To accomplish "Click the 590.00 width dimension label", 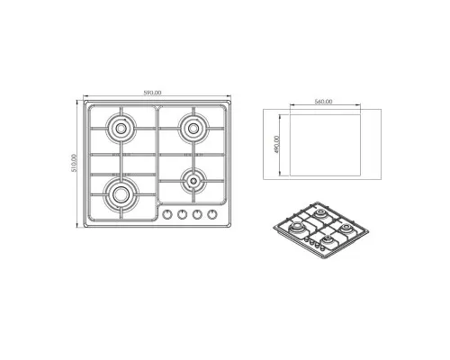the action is [x=153, y=93].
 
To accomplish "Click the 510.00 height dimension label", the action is [x=74, y=163].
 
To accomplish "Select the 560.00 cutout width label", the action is [x=323, y=102].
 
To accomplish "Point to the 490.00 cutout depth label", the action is [x=276, y=144].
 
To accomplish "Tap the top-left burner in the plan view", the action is [x=121, y=129].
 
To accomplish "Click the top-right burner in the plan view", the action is [x=193, y=128].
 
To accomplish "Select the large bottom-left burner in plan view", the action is [x=121, y=194].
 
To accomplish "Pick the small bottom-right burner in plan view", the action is [x=193, y=181].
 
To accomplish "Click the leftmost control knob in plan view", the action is [x=167, y=214].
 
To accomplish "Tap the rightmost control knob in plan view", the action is [x=212, y=214].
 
